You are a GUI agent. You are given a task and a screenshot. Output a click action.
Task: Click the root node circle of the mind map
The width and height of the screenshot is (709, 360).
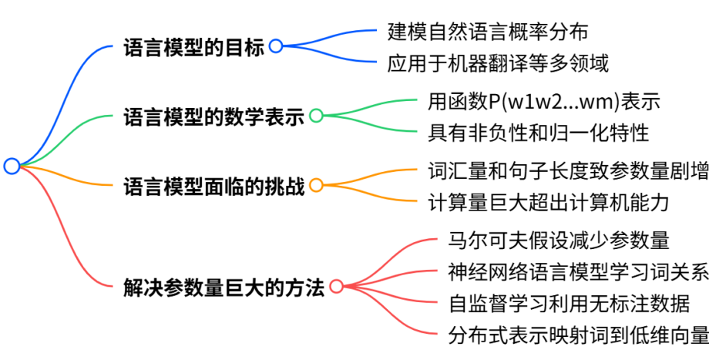pos(11,166)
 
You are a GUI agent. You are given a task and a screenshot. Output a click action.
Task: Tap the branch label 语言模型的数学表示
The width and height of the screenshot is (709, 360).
pos(214,117)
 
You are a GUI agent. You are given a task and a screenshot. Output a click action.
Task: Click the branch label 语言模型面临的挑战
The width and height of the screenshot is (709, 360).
pos(214,186)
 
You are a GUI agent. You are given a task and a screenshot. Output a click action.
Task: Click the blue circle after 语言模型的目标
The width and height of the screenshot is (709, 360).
pos(275,47)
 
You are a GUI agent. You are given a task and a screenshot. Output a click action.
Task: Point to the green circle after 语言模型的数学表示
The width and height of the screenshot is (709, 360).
pos(316,116)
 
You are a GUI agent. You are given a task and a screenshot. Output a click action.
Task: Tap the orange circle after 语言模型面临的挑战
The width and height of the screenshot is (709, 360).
pos(316,185)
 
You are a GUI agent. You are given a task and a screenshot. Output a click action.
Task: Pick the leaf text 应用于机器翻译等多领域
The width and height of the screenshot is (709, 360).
pos(498,63)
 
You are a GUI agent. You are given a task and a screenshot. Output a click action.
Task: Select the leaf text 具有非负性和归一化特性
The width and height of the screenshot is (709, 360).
pos(539,133)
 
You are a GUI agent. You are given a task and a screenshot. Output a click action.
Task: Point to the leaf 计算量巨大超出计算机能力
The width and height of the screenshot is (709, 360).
pos(548,202)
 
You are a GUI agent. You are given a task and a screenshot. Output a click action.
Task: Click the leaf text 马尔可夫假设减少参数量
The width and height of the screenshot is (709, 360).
pos(559,240)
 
